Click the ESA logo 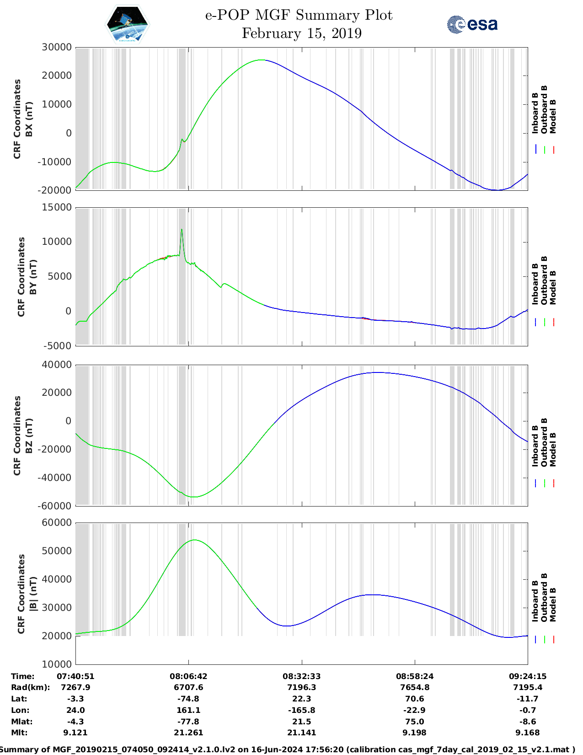(472, 24)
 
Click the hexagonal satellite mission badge (127, 24)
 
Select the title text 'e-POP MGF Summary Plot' (299, 15)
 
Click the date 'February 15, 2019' (301, 33)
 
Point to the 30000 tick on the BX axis (57, 47)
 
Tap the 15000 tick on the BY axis (57, 207)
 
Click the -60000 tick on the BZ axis (55, 506)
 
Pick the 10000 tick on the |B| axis (57, 664)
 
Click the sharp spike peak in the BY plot (182, 229)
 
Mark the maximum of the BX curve (262, 59)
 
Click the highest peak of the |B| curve (195, 540)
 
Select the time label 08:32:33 (301, 676)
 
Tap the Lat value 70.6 (415, 699)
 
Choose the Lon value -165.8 (301, 710)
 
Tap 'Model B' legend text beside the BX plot (553, 116)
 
